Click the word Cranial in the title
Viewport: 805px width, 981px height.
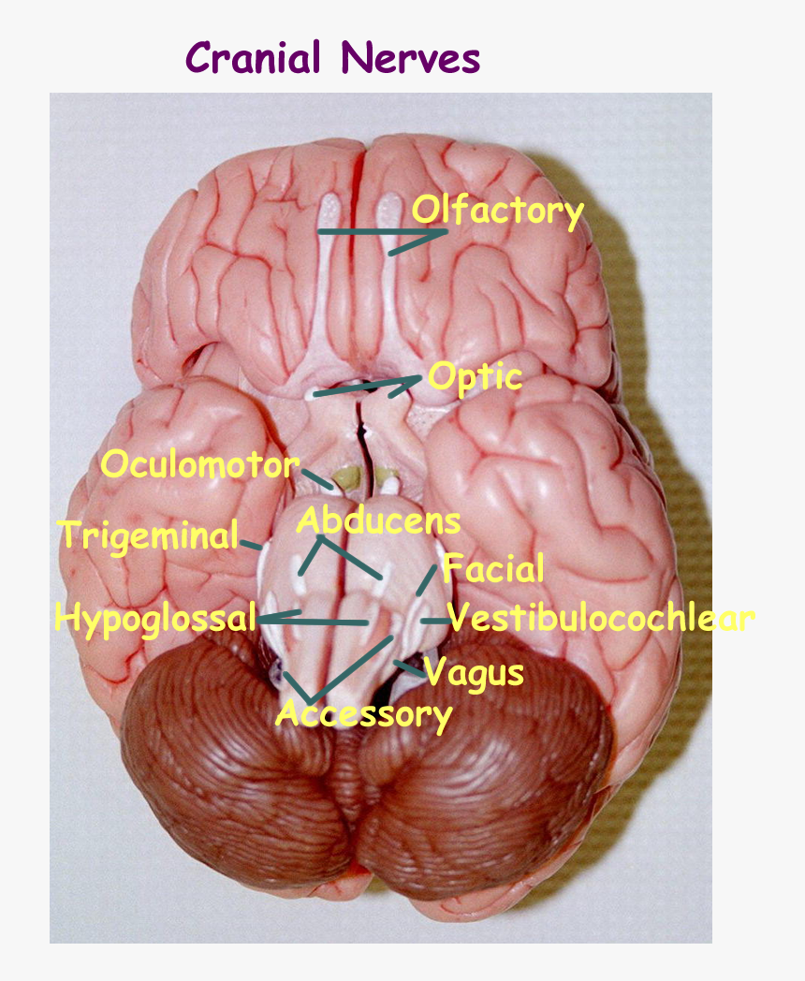click(255, 58)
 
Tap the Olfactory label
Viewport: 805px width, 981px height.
click(498, 212)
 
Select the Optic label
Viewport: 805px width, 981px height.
click(475, 377)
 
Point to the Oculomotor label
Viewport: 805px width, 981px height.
click(199, 464)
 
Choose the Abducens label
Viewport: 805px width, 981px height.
click(378, 520)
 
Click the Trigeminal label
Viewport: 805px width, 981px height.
click(149, 536)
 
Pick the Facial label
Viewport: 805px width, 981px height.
click(493, 568)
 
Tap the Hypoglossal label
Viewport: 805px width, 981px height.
click(155, 618)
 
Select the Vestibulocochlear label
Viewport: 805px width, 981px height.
click(601, 618)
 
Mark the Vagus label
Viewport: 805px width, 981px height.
click(474, 671)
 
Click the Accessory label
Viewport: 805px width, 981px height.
click(364, 714)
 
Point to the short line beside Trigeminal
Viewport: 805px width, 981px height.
click(251, 543)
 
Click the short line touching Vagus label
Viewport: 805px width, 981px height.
click(408, 666)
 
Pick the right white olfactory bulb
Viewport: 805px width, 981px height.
click(387, 212)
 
